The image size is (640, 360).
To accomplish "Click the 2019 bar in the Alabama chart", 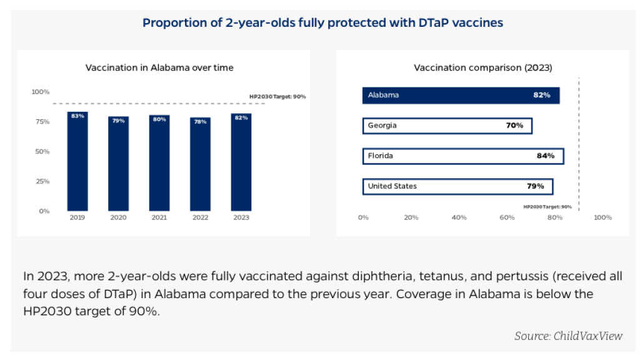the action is [77, 161].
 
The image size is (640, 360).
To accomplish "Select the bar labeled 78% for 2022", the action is [201, 164].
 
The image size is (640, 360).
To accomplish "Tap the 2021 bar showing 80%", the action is [159, 163].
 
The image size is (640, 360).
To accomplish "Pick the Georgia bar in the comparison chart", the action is [447, 126].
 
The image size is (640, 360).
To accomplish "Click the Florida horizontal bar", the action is [463, 156].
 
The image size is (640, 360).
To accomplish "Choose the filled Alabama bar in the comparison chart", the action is [461, 95].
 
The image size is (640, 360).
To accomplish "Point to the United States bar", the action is [458, 186].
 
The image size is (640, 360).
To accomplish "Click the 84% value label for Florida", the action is [545, 156].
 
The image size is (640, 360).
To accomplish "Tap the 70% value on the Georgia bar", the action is [515, 125].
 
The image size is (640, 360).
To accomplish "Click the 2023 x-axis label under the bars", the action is [241, 217].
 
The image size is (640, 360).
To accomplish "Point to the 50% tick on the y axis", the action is [42, 151].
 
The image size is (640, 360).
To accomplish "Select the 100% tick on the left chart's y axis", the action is [41, 92].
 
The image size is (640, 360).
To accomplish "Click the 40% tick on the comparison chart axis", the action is [459, 217].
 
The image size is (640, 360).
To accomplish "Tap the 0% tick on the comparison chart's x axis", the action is [363, 217].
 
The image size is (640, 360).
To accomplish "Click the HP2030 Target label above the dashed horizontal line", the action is [277, 97].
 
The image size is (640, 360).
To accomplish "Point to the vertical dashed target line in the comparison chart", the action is [579, 144].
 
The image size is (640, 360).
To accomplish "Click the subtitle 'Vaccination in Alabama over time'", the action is [159, 67].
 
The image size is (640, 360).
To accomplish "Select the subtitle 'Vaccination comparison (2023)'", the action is [483, 67].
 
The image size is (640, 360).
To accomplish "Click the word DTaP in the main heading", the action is [434, 23].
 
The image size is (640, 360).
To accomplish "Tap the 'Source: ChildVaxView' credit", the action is [568, 336].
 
